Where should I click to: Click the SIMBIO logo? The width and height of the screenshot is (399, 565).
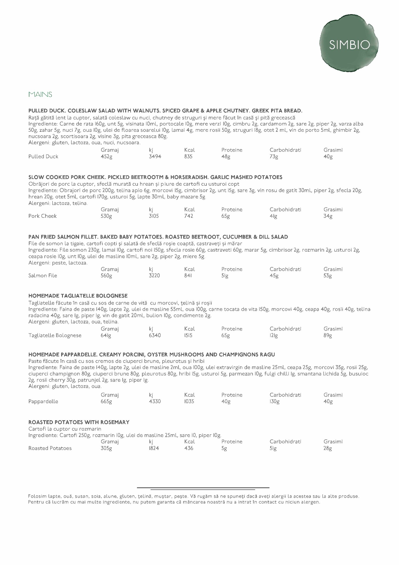(x=349, y=45)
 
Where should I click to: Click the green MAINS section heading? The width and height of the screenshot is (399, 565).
(x=40, y=94)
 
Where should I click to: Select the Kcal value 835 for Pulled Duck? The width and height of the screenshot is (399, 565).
(x=188, y=157)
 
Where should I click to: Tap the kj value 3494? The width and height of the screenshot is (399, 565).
(x=155, y=157)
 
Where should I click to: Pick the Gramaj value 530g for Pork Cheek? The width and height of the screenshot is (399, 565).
(x=106, y=216)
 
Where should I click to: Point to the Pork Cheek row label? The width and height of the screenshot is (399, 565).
(x=42, y=216)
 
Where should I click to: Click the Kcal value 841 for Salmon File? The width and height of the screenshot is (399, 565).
(x=188, y=276)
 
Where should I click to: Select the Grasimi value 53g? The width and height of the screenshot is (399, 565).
(x=328, y=276)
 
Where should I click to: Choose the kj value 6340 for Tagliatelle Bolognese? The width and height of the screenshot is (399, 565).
(x=155, y=335)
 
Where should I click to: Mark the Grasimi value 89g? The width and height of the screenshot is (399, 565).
(x=328, y=335)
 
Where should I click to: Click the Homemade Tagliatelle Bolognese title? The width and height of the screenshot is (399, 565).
(x=78, y=296)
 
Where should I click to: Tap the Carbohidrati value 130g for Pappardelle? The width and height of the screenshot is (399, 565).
(x=274, y=401)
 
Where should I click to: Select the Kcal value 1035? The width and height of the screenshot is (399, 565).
(x=189, y=401)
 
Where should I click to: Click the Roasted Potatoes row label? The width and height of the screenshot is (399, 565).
(x=50, y=448)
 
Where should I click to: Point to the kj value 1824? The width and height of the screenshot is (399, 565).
(x=154, y=448)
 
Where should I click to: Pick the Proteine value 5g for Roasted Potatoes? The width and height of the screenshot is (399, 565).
(x=224, y=448)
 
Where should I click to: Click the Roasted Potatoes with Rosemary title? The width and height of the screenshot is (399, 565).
(x=79, y=422)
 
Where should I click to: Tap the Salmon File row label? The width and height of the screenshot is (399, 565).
(x=43, y=276)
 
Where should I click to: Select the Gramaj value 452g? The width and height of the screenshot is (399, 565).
(x=106, y=157)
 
